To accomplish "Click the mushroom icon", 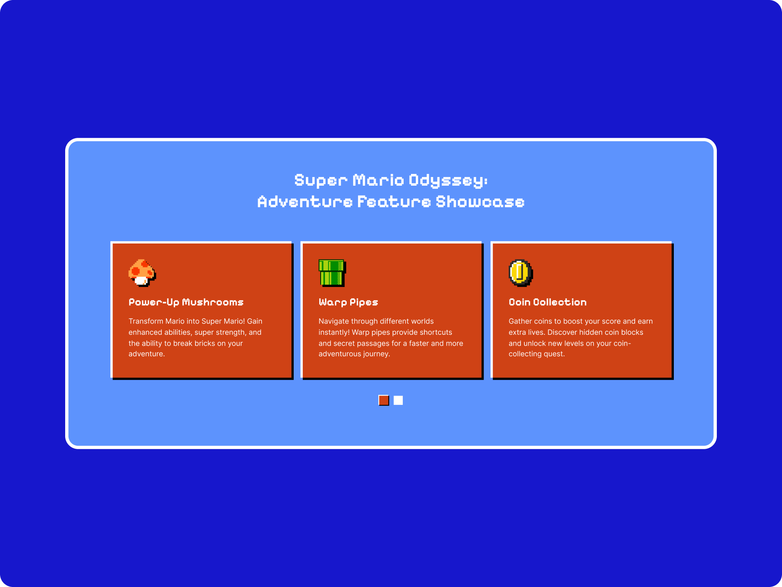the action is point(142,273).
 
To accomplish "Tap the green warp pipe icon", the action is point(332,273).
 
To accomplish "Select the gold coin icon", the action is point(520,273).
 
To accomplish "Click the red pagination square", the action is point(384,400).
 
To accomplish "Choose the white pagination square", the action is point(398,400).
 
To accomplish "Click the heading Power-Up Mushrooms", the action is point(186,302).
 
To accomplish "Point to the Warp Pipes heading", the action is point(348,302).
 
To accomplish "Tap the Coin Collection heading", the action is point(547,302).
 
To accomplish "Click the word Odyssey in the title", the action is point(448,180).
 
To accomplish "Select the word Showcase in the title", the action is point(480,202).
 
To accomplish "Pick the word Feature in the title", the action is point(394,202).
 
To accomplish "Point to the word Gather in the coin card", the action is point(520,321).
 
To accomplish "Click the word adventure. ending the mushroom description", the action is point(147,354).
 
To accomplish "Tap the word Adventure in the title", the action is point(305,202).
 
